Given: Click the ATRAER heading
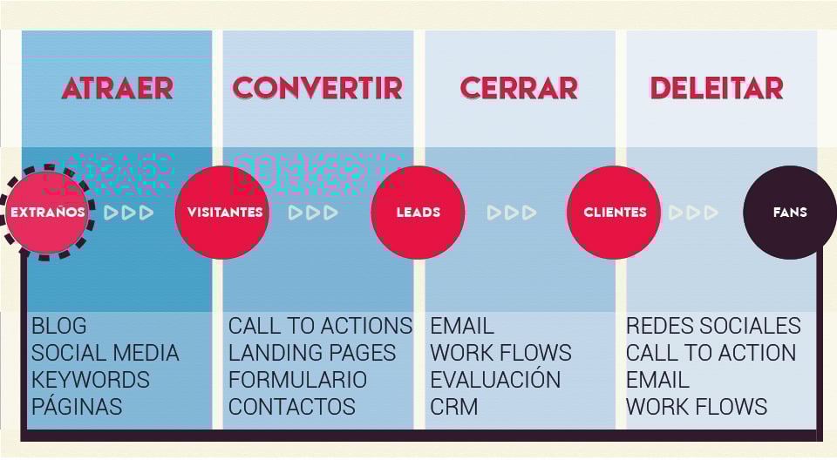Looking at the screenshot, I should tap(118, 88).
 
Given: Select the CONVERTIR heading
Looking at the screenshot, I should tap(318, 88).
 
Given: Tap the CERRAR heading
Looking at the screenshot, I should tap(519, 88).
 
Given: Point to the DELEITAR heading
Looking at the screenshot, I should tap(717, 88).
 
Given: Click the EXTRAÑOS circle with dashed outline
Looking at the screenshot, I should tap(47, 212).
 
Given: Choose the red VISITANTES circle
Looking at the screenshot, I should tap(224, 212).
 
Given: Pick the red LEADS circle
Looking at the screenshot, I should tap(418, 212).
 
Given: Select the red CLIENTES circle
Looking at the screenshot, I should tap(615, 212).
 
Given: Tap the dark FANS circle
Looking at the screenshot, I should tap(790, 212).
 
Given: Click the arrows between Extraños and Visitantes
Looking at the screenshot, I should tap(129, 212).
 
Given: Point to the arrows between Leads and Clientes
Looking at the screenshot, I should tap(512, 212).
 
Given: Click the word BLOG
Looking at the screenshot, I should tap(59, 327).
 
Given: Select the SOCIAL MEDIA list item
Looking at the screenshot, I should tap(105, 353).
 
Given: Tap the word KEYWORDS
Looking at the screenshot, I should tap(91, 380).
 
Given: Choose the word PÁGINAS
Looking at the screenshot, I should tap(77, 407).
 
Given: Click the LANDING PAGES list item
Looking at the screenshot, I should tap(312, 353).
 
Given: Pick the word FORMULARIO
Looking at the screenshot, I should tap(297, 380).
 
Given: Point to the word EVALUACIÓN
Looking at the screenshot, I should tap(495, 380).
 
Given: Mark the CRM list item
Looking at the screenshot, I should tap(453, 407).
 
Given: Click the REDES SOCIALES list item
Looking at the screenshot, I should tap(713, 327).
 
